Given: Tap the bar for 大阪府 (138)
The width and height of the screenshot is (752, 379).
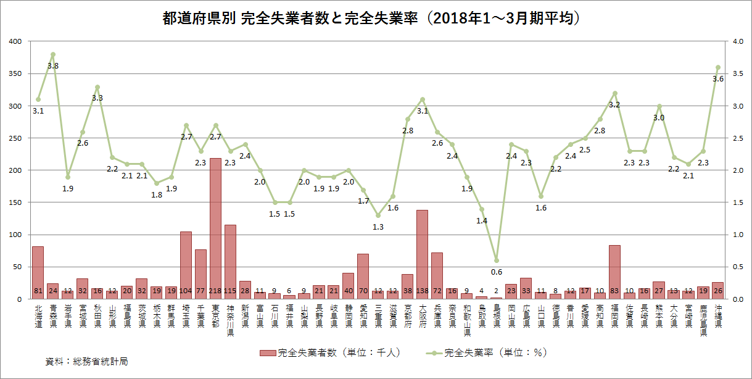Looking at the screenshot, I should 423,254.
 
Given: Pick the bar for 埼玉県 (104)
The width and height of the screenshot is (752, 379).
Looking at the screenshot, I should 186,265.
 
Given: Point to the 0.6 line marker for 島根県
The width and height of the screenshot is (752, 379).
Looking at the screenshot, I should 497,260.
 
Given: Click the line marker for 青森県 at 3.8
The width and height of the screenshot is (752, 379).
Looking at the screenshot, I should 53,54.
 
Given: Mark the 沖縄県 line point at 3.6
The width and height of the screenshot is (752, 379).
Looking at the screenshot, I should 718,67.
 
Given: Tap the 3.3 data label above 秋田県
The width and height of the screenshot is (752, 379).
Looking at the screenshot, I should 97,98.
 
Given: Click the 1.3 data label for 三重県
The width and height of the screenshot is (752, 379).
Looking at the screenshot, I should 378,227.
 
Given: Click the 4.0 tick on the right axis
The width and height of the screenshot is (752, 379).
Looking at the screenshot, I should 736,41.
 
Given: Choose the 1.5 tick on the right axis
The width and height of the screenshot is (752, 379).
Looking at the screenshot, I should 736,202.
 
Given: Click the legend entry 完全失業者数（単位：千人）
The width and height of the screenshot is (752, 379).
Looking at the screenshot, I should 330,353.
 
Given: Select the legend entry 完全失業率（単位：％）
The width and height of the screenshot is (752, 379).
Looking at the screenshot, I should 487,353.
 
